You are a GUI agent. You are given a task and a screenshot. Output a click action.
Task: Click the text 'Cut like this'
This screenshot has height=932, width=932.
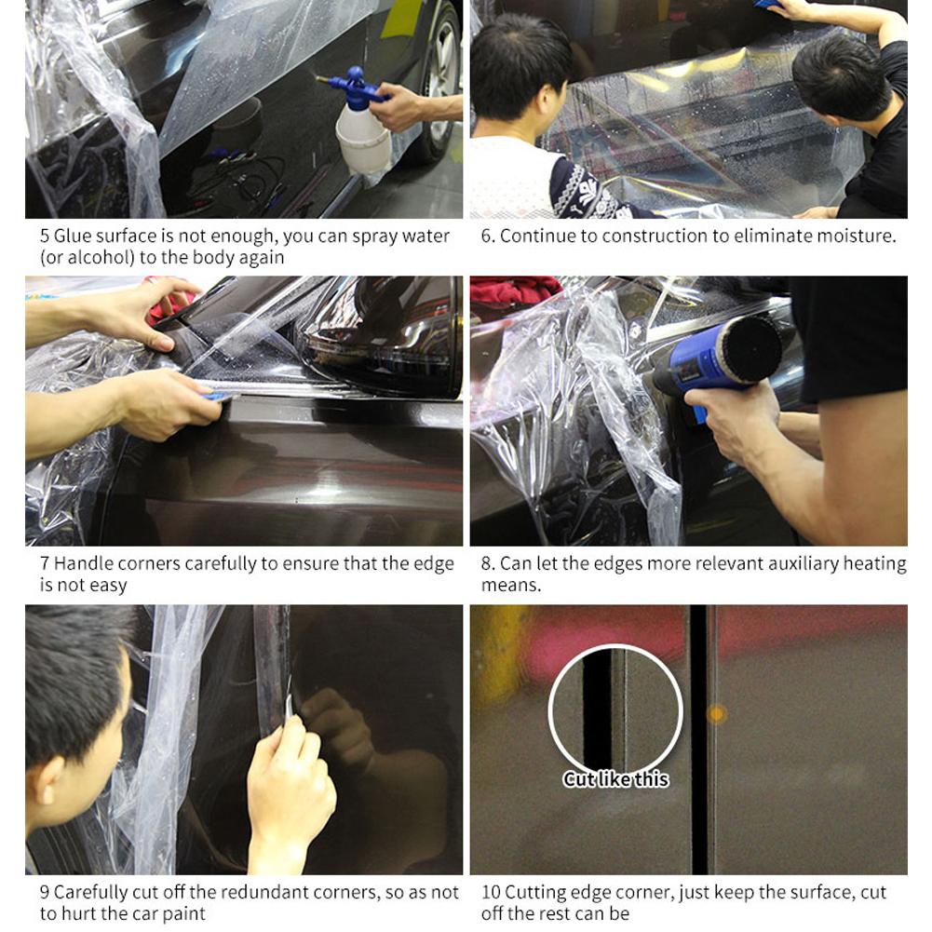pos(615,779)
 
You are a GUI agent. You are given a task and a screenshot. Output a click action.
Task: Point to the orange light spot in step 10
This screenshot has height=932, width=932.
pos(716,714)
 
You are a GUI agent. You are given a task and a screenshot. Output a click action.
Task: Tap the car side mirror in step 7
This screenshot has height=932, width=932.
pos(381,336)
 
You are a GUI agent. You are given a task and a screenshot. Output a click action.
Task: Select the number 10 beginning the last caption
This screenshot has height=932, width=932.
pos(491,893)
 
